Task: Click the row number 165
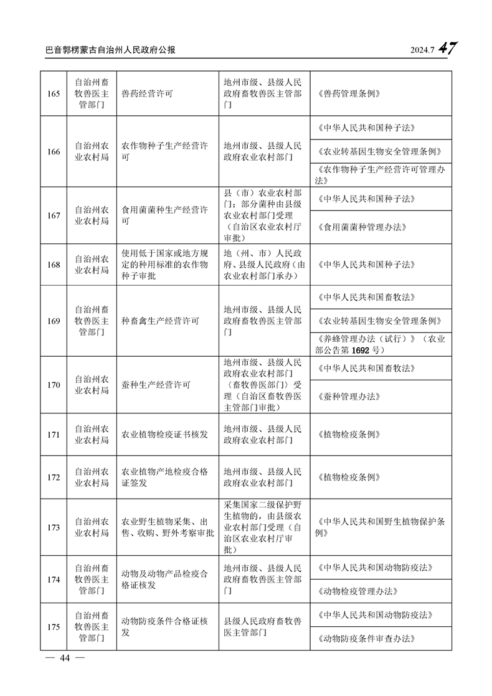pyautogui.click(x=54, y=94)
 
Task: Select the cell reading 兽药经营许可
pyautogui.click(x=147, y=94)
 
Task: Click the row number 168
pyautogui.click(x=54, y=265)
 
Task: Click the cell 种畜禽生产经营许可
pyautogui.click(x=160, y=321)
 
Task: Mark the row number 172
pyautogui.click(x=54, y=477)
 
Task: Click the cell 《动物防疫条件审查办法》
pyautogui.click(x=366, y=638)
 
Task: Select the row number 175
pyautogui.click(x=54, y=627)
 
